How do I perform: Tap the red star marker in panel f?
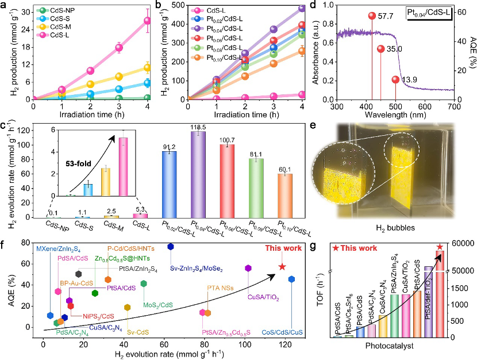(282, 266)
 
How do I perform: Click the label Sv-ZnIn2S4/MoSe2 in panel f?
(195, 267)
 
